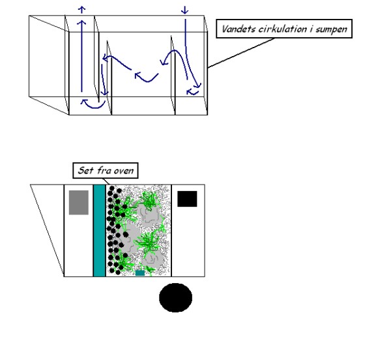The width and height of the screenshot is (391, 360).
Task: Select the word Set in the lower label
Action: pyautogui.click(x=85, y=170)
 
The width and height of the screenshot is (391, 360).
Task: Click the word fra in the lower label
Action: pyautogui.click(x=102, y=170)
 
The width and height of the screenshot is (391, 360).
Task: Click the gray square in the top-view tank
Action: pyautogui.click(x=79, y=202)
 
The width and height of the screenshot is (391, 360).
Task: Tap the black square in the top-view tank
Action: pyautogui.click(x=187, y=199)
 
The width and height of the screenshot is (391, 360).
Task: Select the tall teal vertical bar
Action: pyautogui.click(x=100, y=230)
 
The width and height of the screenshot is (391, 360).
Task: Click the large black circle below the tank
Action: pyautogui.click(x=175, y=297)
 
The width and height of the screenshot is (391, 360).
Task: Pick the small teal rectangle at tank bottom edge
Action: pyautogui.click(x=140, y=273)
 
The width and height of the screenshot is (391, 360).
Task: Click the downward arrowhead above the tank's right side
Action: pyautogui.click(x=185, y=10)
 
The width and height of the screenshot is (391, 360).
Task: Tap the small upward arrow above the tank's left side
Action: pyautogui.click(x=82, y=10)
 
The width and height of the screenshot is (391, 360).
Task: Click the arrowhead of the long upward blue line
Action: pyautogui.click(x=81, y=22)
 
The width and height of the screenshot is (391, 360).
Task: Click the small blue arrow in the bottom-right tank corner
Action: pyautogui.click(x=192, y=93)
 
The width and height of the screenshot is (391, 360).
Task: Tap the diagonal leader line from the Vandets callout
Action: pyautogui.click(x=241, y=53)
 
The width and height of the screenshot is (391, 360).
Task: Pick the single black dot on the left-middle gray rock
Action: pyautogui.click(x=126, y=235)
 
